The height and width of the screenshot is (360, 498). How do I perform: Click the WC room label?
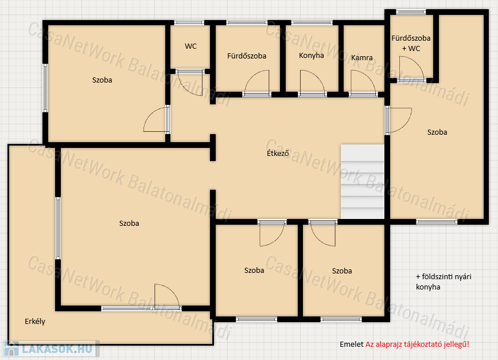click(x=190, y=46)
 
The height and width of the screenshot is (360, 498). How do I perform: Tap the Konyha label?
click(x=311, y=56)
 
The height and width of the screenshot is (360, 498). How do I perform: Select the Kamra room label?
click(x=362, y=58)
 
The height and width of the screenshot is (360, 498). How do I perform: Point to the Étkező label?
click(x=278, y=153)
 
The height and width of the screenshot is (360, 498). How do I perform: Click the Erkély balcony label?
click(x=35, y=321)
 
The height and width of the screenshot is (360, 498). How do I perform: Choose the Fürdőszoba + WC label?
click(x=411, y=43)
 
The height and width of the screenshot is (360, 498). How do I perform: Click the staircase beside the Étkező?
click(x=363, y=182)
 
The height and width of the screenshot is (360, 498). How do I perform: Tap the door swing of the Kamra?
click(x=363, y=83)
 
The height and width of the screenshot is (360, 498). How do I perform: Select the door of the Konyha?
click(x=312, y=83)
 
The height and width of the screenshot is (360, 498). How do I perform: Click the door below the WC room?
click(x=190, y=83)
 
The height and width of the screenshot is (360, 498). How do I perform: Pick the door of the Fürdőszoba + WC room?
click(x=411, y=68)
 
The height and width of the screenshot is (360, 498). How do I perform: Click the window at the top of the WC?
click(x=189, y=22)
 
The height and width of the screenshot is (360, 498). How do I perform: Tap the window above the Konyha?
click(x=312, y=22)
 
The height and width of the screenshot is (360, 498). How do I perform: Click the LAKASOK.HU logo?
click(x=51, y=349)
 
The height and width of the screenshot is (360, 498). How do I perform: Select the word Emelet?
click(x=351, y=345)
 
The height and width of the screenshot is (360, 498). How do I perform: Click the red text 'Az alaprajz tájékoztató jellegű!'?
click(x=417, y=345)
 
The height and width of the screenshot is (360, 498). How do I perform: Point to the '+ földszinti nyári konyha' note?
click(x=443, y=281)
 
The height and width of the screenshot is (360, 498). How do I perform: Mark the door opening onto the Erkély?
click(x=168, y=296)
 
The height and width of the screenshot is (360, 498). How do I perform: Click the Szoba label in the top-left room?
click(x=102, y=80)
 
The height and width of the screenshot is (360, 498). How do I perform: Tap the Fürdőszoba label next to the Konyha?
click(x=247, y=56)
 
